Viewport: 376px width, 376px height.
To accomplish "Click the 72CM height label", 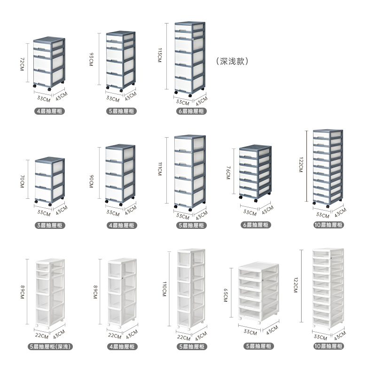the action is tap(22, 63).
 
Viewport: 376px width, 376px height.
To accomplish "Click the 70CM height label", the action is tap(22, 180).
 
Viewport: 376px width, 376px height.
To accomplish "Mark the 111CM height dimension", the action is tap(159, 169).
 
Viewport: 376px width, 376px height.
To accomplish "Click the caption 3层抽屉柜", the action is tap(51, 225).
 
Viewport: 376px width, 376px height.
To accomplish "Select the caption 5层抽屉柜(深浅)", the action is tap(51, 346).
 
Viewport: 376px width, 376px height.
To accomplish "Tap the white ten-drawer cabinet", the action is tap(328, 288).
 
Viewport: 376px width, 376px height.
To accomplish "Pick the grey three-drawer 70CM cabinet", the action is tap(50, 179).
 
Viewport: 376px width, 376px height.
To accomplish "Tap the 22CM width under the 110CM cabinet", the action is tap(184, 337).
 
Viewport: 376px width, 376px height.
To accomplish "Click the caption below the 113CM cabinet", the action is tap(192, 111).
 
